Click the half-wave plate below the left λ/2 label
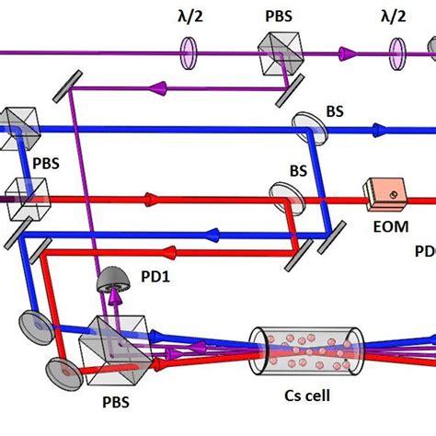187,52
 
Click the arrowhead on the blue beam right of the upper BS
379,131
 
